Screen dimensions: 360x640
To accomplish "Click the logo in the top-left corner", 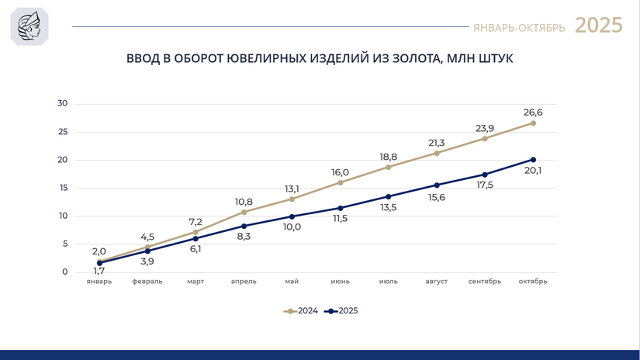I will click(29, 26).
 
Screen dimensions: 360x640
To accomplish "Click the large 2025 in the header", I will click(598, 26).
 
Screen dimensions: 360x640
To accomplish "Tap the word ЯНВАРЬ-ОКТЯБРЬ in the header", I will click(519, 28).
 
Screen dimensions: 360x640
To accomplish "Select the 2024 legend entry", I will click(302, 311).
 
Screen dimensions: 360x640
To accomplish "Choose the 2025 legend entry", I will click(342, 311).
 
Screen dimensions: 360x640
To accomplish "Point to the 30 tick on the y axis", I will click(63, 103).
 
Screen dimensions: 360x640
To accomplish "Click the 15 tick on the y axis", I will click(63, 188).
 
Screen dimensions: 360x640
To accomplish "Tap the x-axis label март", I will click(195, 282).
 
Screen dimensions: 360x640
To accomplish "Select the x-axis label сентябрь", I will click(485, 282).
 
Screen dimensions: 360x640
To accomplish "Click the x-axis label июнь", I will click(340, 282).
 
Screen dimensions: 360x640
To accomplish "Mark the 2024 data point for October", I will click(533, 123).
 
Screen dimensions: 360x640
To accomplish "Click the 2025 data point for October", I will click(533, 160).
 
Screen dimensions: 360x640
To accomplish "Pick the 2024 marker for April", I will click(244, 212).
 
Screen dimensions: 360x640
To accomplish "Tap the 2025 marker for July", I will click(389, 196).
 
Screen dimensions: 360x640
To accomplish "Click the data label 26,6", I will click(533, 112).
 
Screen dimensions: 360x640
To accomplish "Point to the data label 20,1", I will click(533, 171).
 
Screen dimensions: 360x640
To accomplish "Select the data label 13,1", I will click(292, 189).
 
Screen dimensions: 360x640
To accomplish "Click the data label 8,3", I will click(244, 237).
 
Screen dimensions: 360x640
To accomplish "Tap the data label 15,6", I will click(437, 198).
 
